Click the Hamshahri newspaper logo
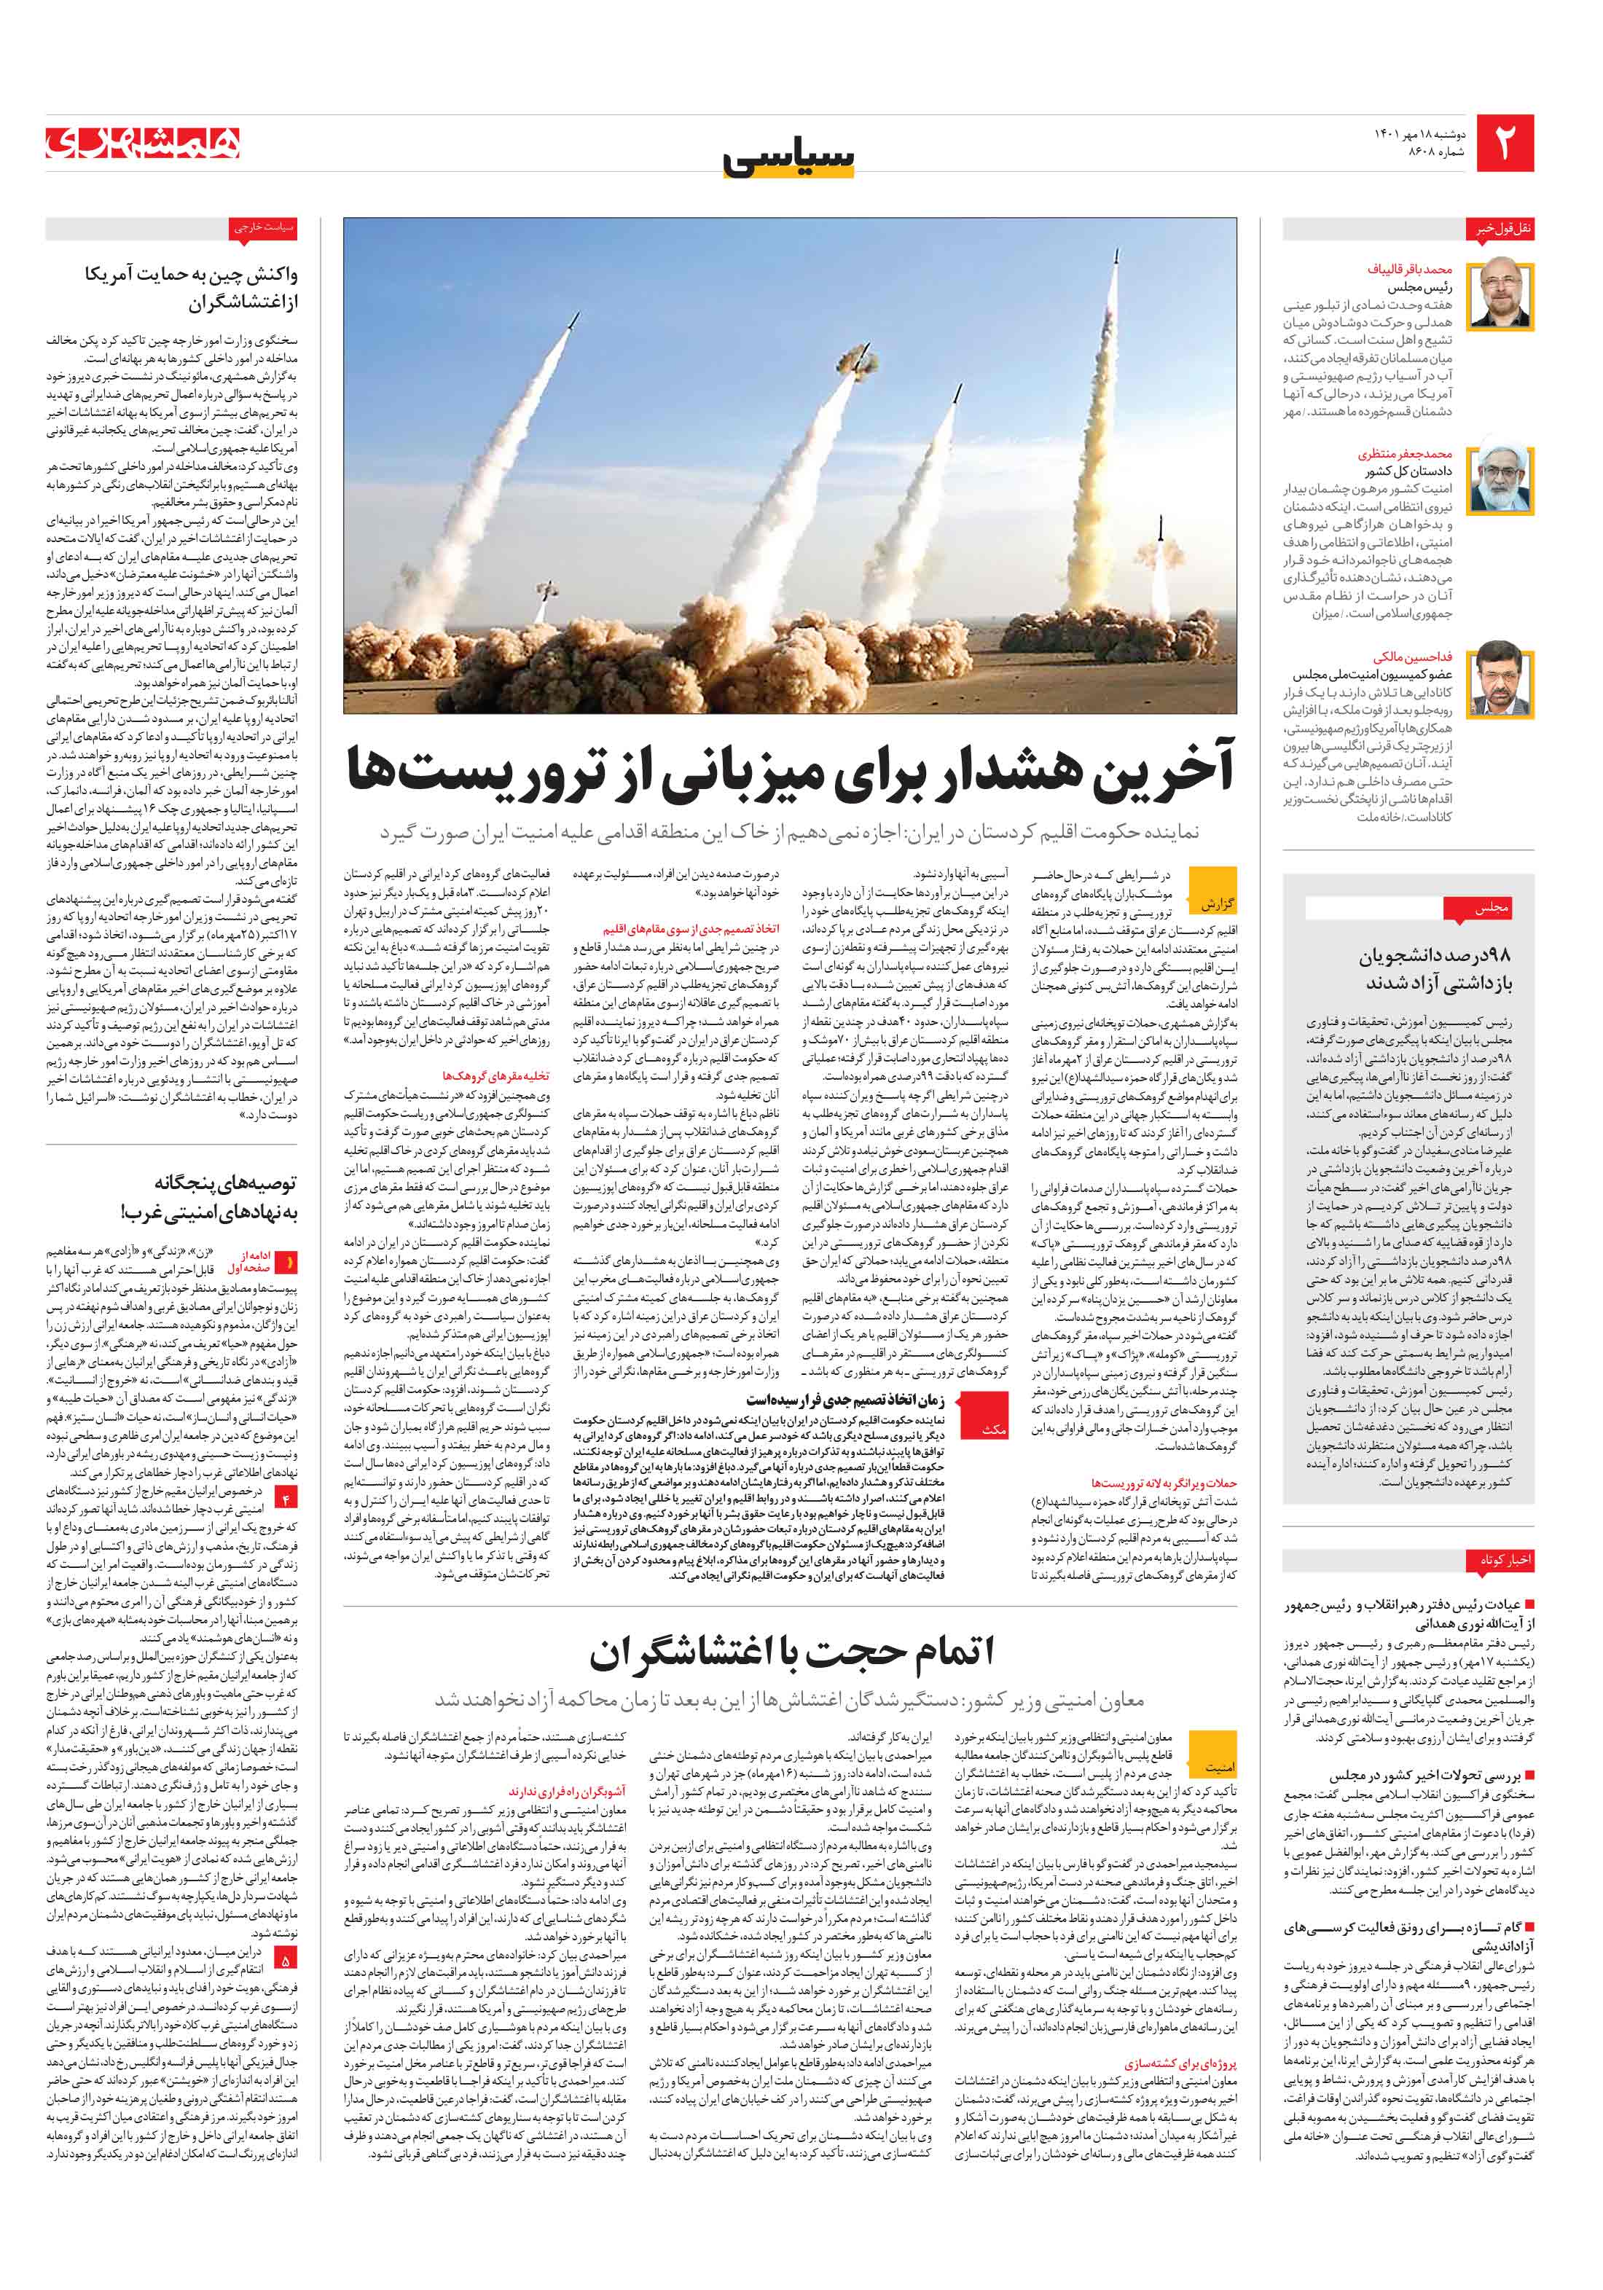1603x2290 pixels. pos(143,143)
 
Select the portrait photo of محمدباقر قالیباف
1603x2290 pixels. pos(1501,294)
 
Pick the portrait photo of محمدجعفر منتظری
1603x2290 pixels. pos(1501,479)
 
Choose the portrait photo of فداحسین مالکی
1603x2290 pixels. pos(1501,679)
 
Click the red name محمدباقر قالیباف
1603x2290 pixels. pos(1408,270)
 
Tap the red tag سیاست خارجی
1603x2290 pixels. pos(263,228)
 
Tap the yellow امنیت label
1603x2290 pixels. pos(1219,1768)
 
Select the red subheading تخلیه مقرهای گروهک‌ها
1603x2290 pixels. pos(495,1075)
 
